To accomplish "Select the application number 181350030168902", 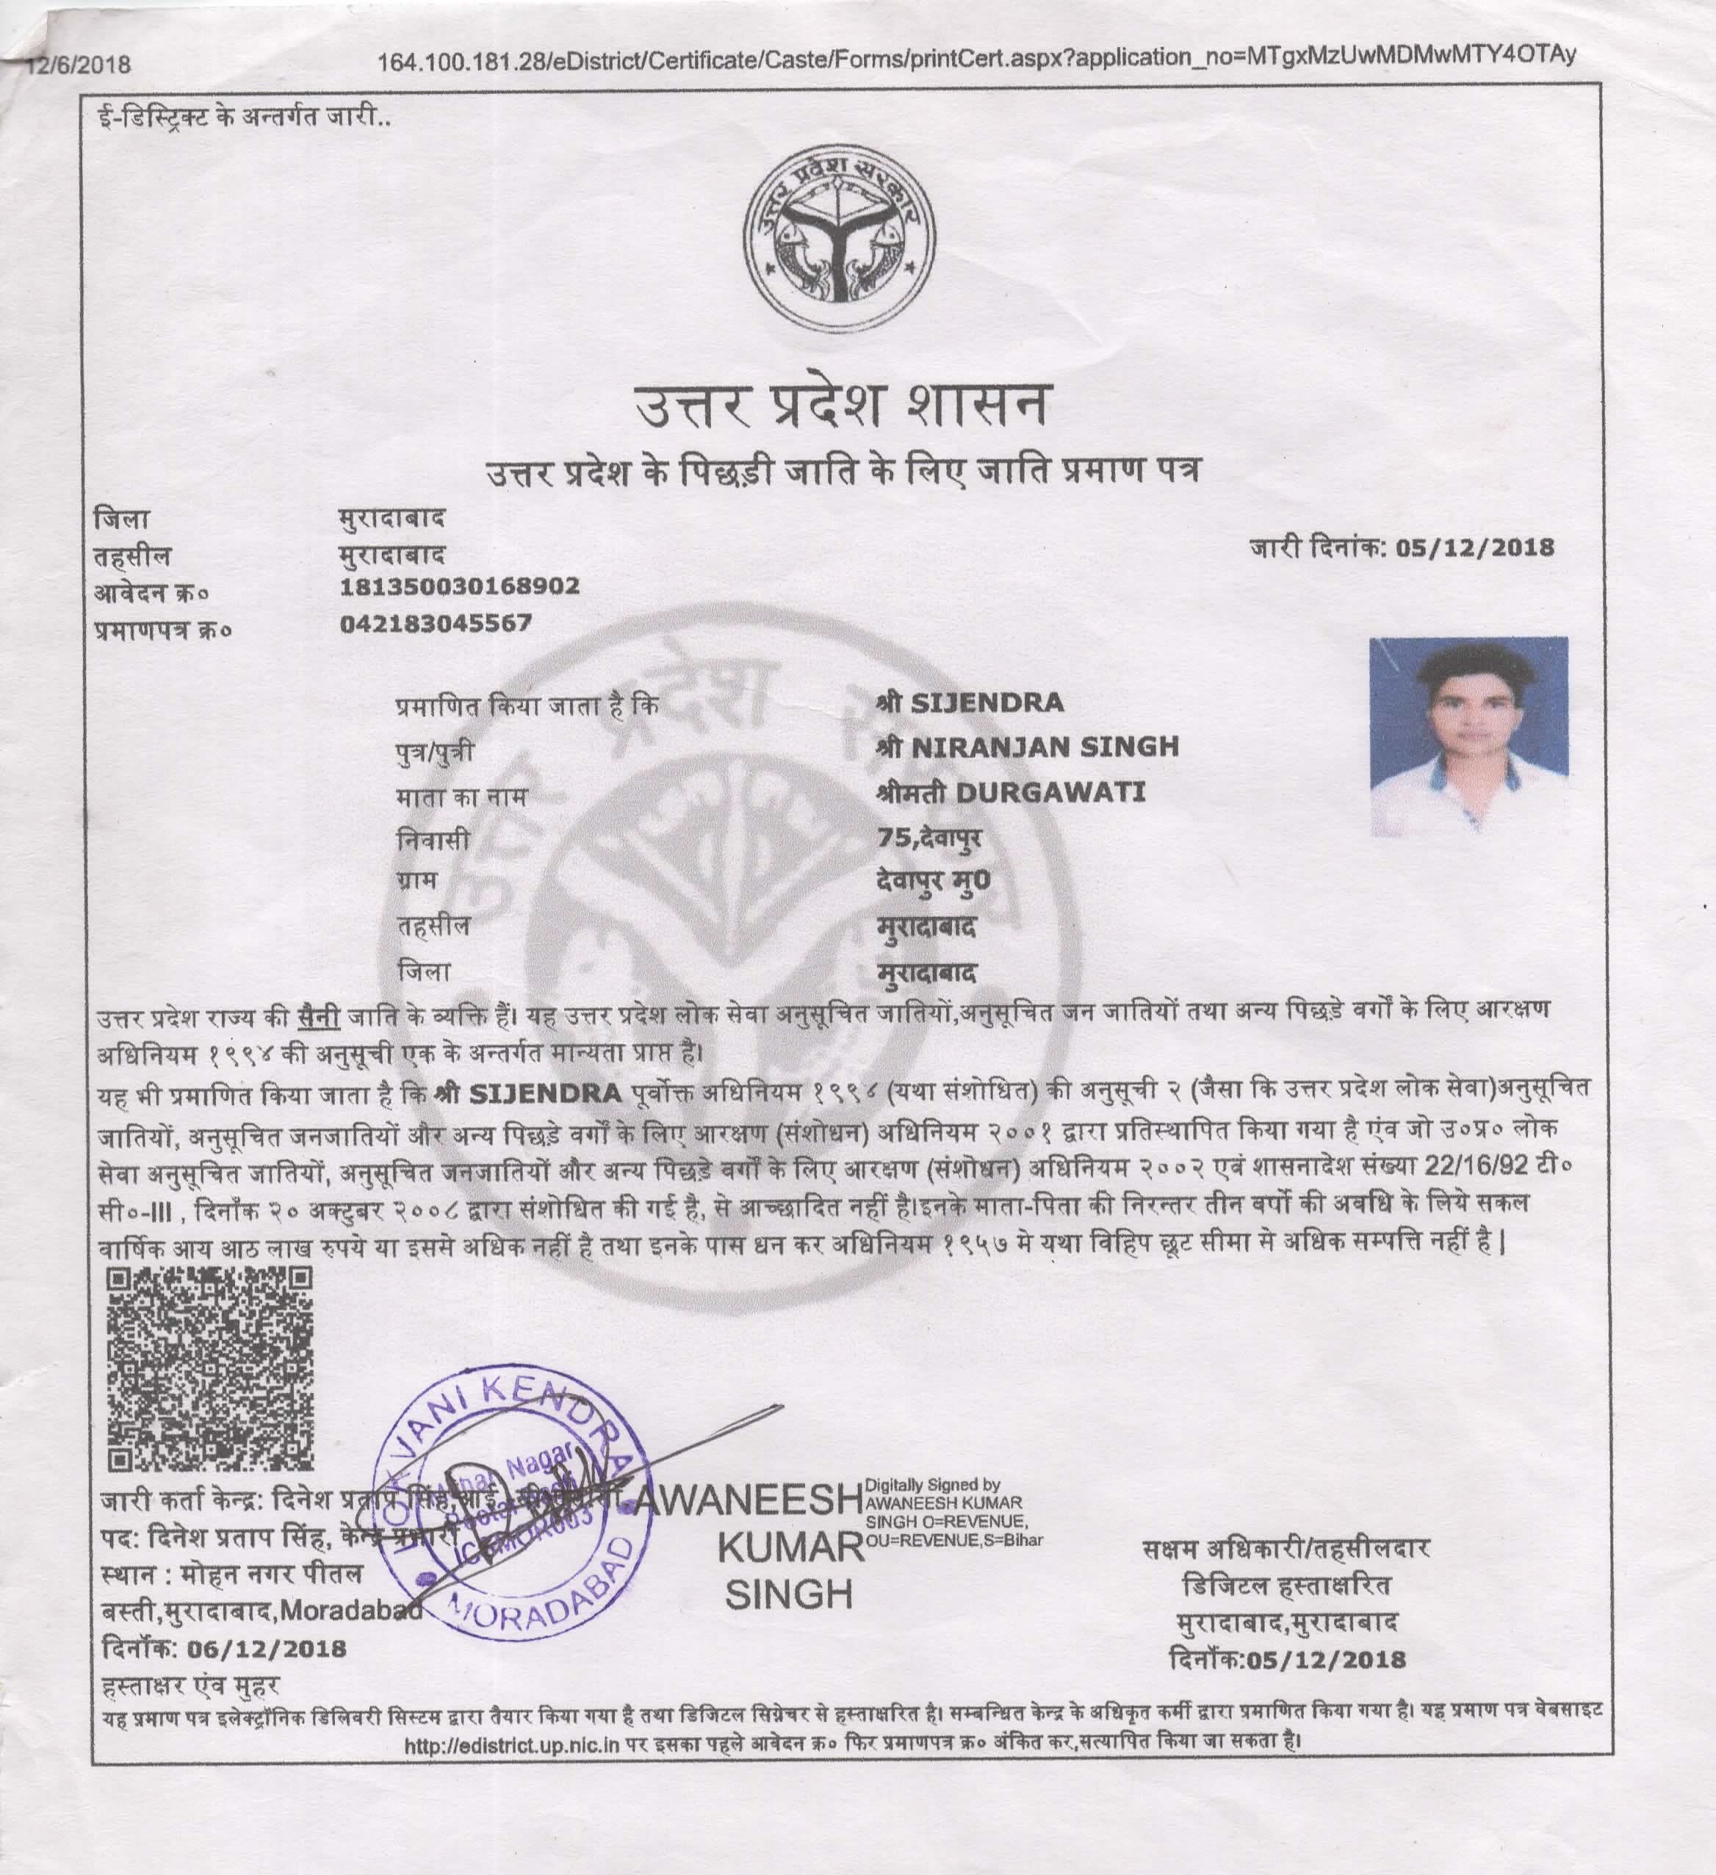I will coord(461,587).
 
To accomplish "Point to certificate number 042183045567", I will coord(436,622).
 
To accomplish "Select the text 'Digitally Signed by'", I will coord(933,1486).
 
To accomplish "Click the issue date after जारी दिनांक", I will coord(1474,547).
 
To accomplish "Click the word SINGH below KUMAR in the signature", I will coord(789,1595).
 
